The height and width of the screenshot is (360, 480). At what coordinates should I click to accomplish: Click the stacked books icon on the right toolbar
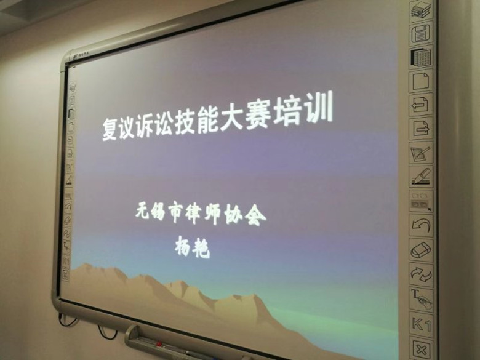[421, 10]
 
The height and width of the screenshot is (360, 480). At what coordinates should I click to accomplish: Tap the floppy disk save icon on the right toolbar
[422, 33]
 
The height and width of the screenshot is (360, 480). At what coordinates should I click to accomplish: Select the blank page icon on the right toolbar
[422, 81]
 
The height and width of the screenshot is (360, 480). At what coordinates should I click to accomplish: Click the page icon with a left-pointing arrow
[422, 105]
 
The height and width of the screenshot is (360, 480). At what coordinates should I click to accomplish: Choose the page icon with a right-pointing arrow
[422, 129]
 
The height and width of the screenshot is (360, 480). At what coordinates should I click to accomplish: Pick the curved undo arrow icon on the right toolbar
[422, 226]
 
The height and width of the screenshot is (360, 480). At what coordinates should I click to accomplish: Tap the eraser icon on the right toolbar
[422, 250]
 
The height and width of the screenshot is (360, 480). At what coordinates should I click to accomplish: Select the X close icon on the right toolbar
[422, 348]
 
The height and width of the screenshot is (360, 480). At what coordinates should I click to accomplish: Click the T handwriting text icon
[422, 299]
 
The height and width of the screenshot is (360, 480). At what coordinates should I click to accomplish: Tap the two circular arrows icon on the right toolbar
[422, 274]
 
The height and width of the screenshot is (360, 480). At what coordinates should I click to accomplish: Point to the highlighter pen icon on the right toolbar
[422, 177]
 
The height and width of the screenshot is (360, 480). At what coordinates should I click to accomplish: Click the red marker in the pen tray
[156, 343]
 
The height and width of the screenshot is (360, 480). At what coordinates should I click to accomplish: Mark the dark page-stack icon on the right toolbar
[422, 57]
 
